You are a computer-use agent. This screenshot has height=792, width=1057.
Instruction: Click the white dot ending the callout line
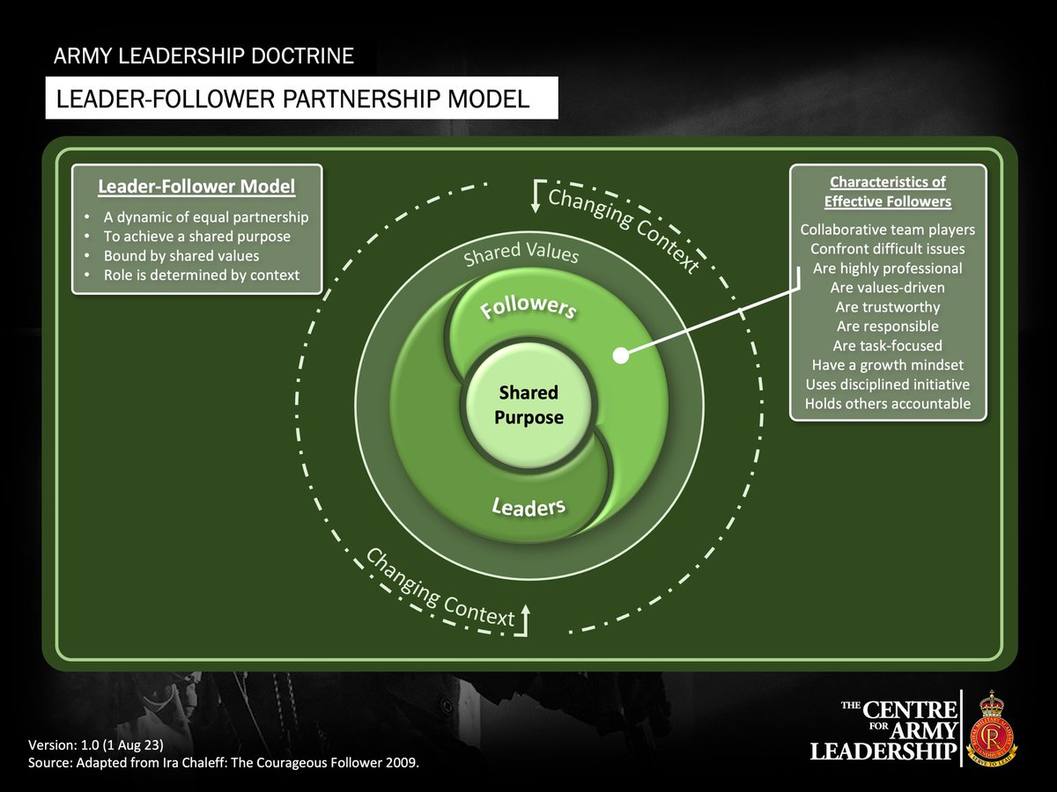pyautogui.click(x=621, y=356)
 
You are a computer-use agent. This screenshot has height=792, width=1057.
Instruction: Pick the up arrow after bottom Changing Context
pyautogui.click(x=526, y=619)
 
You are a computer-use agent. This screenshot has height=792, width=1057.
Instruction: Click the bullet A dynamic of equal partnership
pyautogui.click(x=206, y=216)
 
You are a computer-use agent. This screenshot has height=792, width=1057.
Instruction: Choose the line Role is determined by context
pyautogui.click(x=202, y=275)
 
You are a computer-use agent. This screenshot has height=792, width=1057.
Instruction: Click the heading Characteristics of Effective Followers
pyautogui.click(x=887, y=192)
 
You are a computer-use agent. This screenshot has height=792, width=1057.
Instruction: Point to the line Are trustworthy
pyautogui.click(x=887, y=307)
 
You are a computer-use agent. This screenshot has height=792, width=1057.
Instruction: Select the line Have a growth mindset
pyautogui.click(x=887, y=365)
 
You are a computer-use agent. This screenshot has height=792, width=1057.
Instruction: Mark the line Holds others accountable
pyautogui.click(x=887, y=404)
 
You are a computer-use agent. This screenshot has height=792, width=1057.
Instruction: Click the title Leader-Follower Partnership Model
pyautogui.click(x=293, y=99)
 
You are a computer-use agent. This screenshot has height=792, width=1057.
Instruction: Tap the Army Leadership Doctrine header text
pyautogui.click(x=203, y=57)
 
